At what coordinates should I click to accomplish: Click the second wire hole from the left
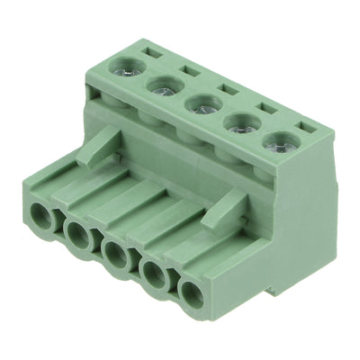point(77,235)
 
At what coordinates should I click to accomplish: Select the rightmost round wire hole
point(192,292)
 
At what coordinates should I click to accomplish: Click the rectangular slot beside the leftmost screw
point(154,52)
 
